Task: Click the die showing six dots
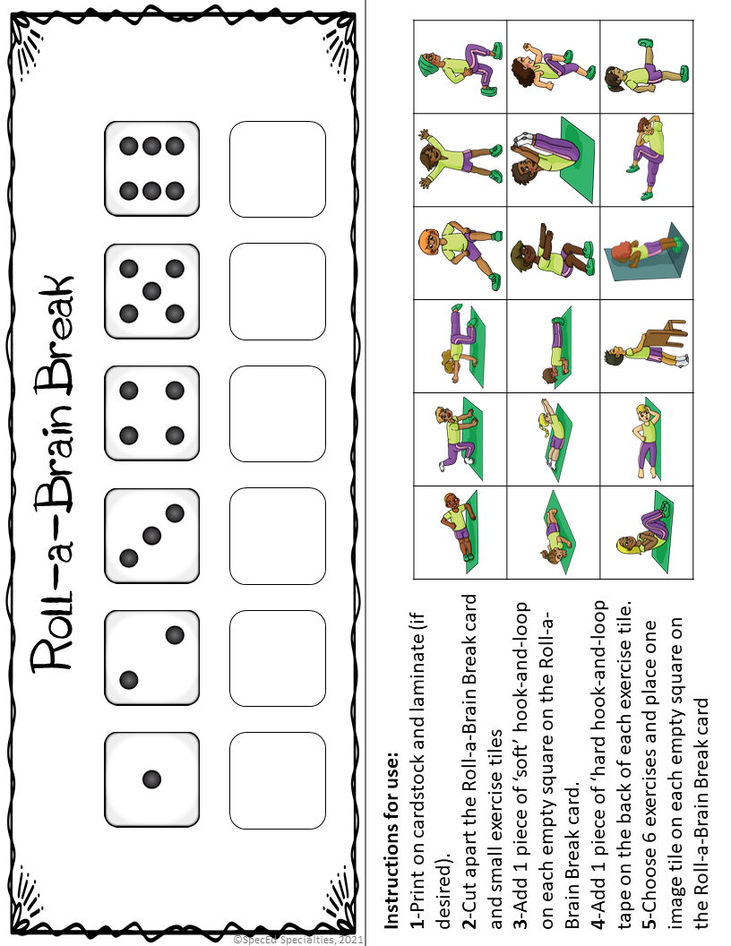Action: (x=151, y=168)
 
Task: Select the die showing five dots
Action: (x=151, y=290)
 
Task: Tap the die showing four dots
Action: (x=151, y=413)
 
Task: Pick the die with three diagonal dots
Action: (x=151, y=535)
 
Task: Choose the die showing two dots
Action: (x=151, y=657)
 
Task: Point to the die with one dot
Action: (x=151, y=779)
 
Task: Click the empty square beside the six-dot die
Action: (x=277, y=168)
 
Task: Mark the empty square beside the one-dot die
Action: (x=277, y=779)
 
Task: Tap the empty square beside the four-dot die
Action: (x=277, y=413)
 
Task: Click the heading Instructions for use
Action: (x=392, y=832)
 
